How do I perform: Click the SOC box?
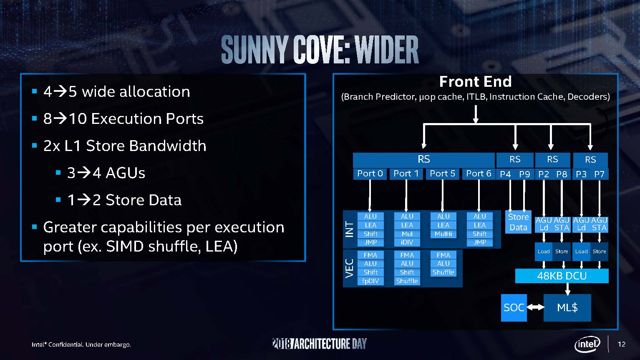tap(514, 308)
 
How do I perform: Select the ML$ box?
tap(567, 308)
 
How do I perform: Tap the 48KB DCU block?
tap(562, 276)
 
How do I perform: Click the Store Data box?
tap(518, 222)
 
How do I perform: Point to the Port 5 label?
tap(442, 174)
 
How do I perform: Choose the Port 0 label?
tap(370, 174)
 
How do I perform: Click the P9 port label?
tap(524, 174)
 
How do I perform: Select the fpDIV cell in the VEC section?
tap(370, 281)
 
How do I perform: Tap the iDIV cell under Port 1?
tap(407, 242)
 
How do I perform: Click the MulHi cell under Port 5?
tap(443, 234)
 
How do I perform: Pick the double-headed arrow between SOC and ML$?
tap(535, 307)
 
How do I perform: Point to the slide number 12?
tap(622, 344)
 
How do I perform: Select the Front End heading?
tap(475, 81)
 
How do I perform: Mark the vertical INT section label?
tap(350, 229)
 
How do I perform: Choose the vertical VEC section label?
tap(350, 268)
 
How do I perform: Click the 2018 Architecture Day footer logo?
tap(320, 344)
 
